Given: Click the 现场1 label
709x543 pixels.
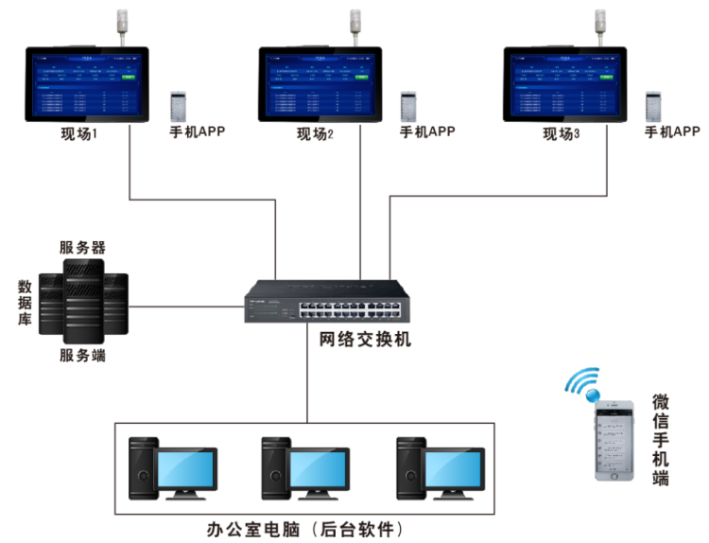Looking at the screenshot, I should pyautogui.click(x=79, y=134).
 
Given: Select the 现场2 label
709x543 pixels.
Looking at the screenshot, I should pyautogui.click(x=315, y=134).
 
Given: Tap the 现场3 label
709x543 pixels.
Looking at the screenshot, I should pyautogui.click(x=561, y=134).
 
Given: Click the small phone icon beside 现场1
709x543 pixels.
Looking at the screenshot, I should pyautogui.click(x=179, y=106).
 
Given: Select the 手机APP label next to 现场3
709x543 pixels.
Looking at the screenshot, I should pyautogui.click(x=672, y=131).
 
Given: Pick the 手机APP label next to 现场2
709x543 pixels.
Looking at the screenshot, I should pyautogui.click(x=427, y=131).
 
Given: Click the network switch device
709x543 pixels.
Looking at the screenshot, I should pyautogui.click(x=329, y=302).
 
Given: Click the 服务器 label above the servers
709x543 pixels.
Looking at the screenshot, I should pyautogui.click(x=82, y=248).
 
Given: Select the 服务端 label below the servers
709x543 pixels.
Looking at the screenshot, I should pyautogui.click(x=82, y=357).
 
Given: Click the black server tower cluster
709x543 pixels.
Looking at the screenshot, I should pyautogui.click(x=86, y=303).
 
